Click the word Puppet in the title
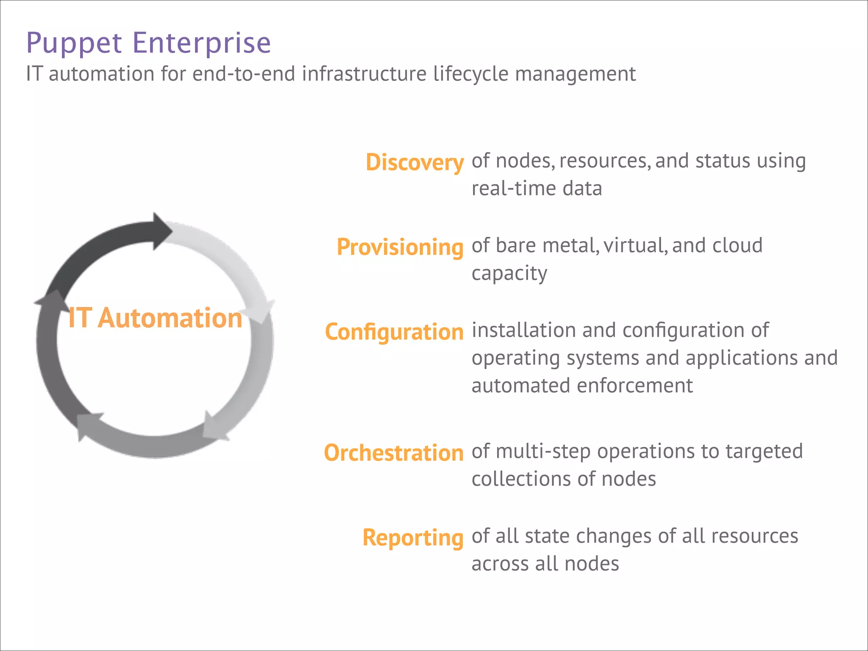[74, 43]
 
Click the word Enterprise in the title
[201, 43]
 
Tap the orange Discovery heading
[415, 162]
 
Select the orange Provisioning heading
[400, 247]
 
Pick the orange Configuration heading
[394, 332]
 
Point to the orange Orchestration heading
[393, 453]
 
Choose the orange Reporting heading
[413, 538]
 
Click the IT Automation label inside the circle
[155, 318]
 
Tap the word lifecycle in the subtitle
[470, 74]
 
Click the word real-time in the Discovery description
[513, 189]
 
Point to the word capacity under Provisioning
[509, 274]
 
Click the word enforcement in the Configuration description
[634, 386]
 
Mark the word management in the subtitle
[575, 75]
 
